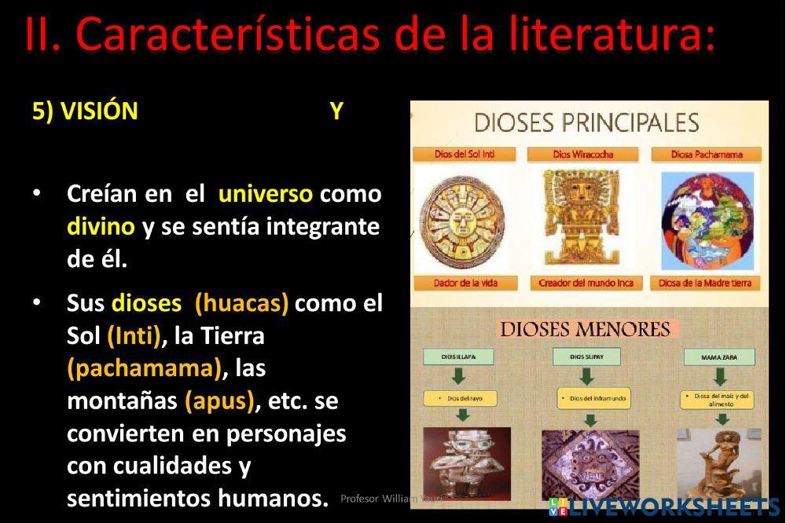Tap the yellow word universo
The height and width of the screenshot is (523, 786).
[x=265, y=193]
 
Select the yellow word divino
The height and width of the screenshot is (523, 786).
[x=101, y=227]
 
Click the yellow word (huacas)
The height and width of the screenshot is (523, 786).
[x=241, y=303]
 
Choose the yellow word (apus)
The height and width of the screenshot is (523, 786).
[x=221, y=400]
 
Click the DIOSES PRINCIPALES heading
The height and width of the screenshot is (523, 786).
[x=586, y=123]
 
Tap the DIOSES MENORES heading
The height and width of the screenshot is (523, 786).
[x=586, y=328]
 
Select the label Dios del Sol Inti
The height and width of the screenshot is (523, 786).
[x=464, y=154]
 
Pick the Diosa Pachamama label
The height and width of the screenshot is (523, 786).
[x=707, y=154]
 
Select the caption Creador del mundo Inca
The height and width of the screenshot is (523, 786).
[x=586, y=283]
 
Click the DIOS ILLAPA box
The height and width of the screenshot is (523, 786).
[x=460, y=357]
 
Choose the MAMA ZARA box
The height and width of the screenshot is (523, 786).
[x=718, y=358]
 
